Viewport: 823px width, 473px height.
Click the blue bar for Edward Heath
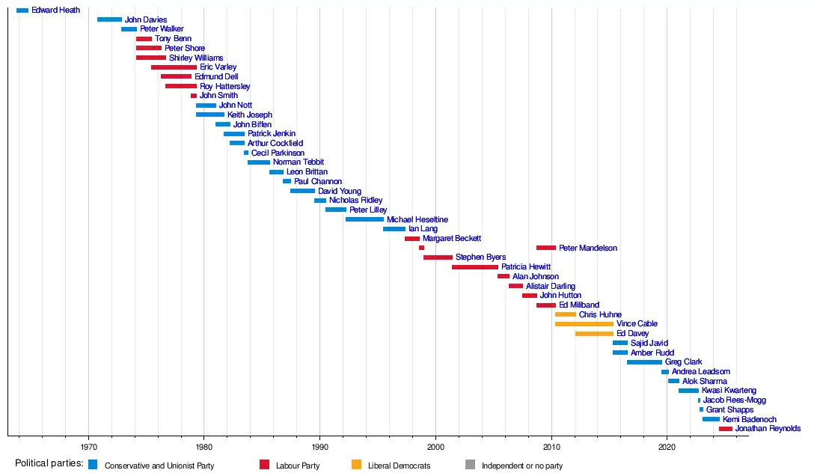pos(22,10)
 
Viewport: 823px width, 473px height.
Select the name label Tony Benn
pos(173,39)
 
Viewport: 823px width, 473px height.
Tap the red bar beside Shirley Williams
pos(151,58)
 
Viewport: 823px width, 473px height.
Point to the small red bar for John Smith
pos(194,96)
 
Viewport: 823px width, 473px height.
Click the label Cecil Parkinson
pos(277,153)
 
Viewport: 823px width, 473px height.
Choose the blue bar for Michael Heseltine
pos(364,219)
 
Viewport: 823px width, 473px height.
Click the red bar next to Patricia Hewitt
pos(474,267)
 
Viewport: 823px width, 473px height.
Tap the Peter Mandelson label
pos(588,248)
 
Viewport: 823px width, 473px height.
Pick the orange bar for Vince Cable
pos(584,324)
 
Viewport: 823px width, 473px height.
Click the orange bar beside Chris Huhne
pos(566,314)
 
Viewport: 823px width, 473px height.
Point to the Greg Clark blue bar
pos(644,362)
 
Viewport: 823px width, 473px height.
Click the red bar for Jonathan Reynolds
pos(726,429)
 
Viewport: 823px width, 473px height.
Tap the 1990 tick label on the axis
pos(320,447)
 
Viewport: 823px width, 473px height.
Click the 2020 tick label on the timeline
pos(667,447)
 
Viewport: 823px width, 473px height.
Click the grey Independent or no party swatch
pos(470,465)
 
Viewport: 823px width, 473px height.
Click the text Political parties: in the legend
pos(49,464)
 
